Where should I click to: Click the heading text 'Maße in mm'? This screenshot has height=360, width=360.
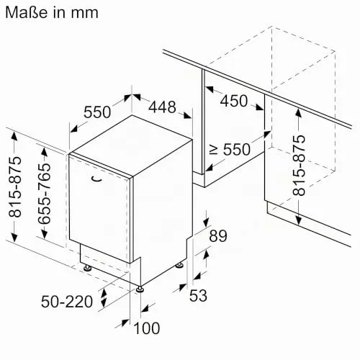tap(52, 12)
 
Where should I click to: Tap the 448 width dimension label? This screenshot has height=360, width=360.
tap(163, 107)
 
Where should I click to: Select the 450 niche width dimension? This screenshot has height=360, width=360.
tap(234, 101)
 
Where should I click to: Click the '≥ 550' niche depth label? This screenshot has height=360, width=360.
tap(230, 150)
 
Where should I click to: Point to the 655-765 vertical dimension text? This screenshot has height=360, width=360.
tap(45, 193)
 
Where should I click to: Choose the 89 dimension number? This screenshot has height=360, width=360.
tap(218, 236)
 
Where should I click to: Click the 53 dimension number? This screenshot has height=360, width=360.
tap(198, 295)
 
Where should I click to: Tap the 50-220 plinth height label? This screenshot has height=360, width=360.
tap(67, 302)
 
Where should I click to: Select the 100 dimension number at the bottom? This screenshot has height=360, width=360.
tap(147, 328)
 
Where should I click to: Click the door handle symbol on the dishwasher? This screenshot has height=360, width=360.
tap(96, 179)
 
